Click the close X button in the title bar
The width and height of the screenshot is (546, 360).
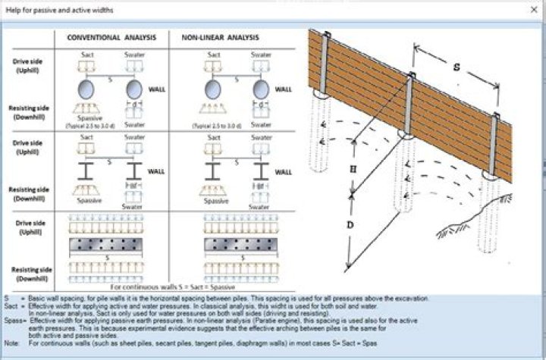tap(533, 8)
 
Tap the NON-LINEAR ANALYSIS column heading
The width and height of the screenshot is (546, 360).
tap(221, 37)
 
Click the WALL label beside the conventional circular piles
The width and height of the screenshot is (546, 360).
tap(157, 89)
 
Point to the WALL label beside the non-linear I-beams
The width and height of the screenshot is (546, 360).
tap(282, 171)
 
